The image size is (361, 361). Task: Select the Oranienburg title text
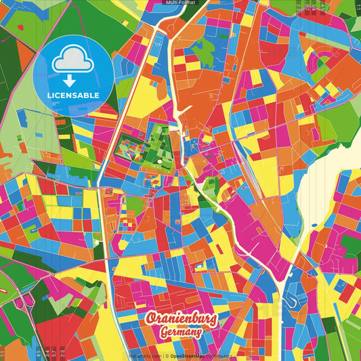[x=182, y=319]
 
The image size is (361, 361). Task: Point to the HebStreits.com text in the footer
[x=143, y=355]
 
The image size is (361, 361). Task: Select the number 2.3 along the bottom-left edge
[x=63, y=353]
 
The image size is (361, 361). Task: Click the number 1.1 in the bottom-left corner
[x=3, y=353]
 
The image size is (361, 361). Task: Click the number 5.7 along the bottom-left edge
[x=54, y=353]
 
